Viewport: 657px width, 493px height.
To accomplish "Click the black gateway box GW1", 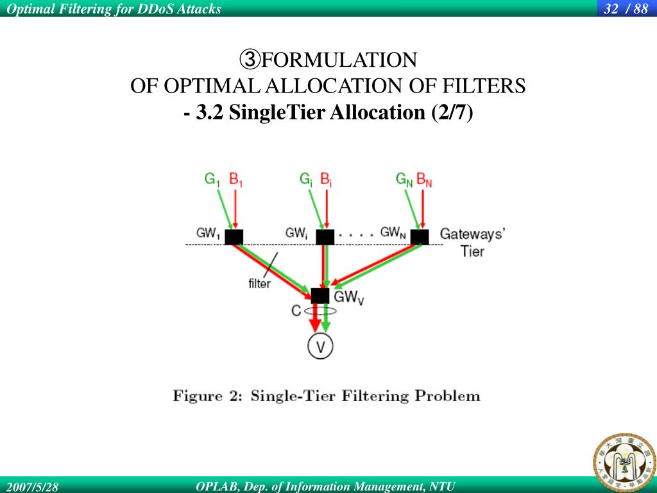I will pos(234,237).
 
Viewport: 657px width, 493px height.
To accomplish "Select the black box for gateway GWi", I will pos(325,237).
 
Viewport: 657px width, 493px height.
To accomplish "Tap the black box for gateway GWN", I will pos(420,237).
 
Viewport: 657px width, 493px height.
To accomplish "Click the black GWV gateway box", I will pos(320,296).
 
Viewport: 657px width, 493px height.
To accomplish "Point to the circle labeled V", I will pos(321,347).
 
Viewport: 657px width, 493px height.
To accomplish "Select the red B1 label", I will pos(236,179).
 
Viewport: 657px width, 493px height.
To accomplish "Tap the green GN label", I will pos(404,179).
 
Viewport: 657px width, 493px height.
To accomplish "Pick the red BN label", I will pos(424,179).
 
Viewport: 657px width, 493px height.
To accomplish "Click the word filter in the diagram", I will pos(259,283).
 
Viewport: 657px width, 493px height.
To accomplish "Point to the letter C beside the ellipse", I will pos(296,311).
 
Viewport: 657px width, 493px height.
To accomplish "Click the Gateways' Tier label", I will pos(472,242).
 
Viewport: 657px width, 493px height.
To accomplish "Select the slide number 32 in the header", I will pos(611,8).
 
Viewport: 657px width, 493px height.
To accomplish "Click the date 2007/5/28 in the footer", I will pos(32,487).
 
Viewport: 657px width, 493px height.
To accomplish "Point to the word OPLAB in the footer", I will pos(216,487).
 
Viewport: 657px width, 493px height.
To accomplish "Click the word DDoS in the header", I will pos(151,8).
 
